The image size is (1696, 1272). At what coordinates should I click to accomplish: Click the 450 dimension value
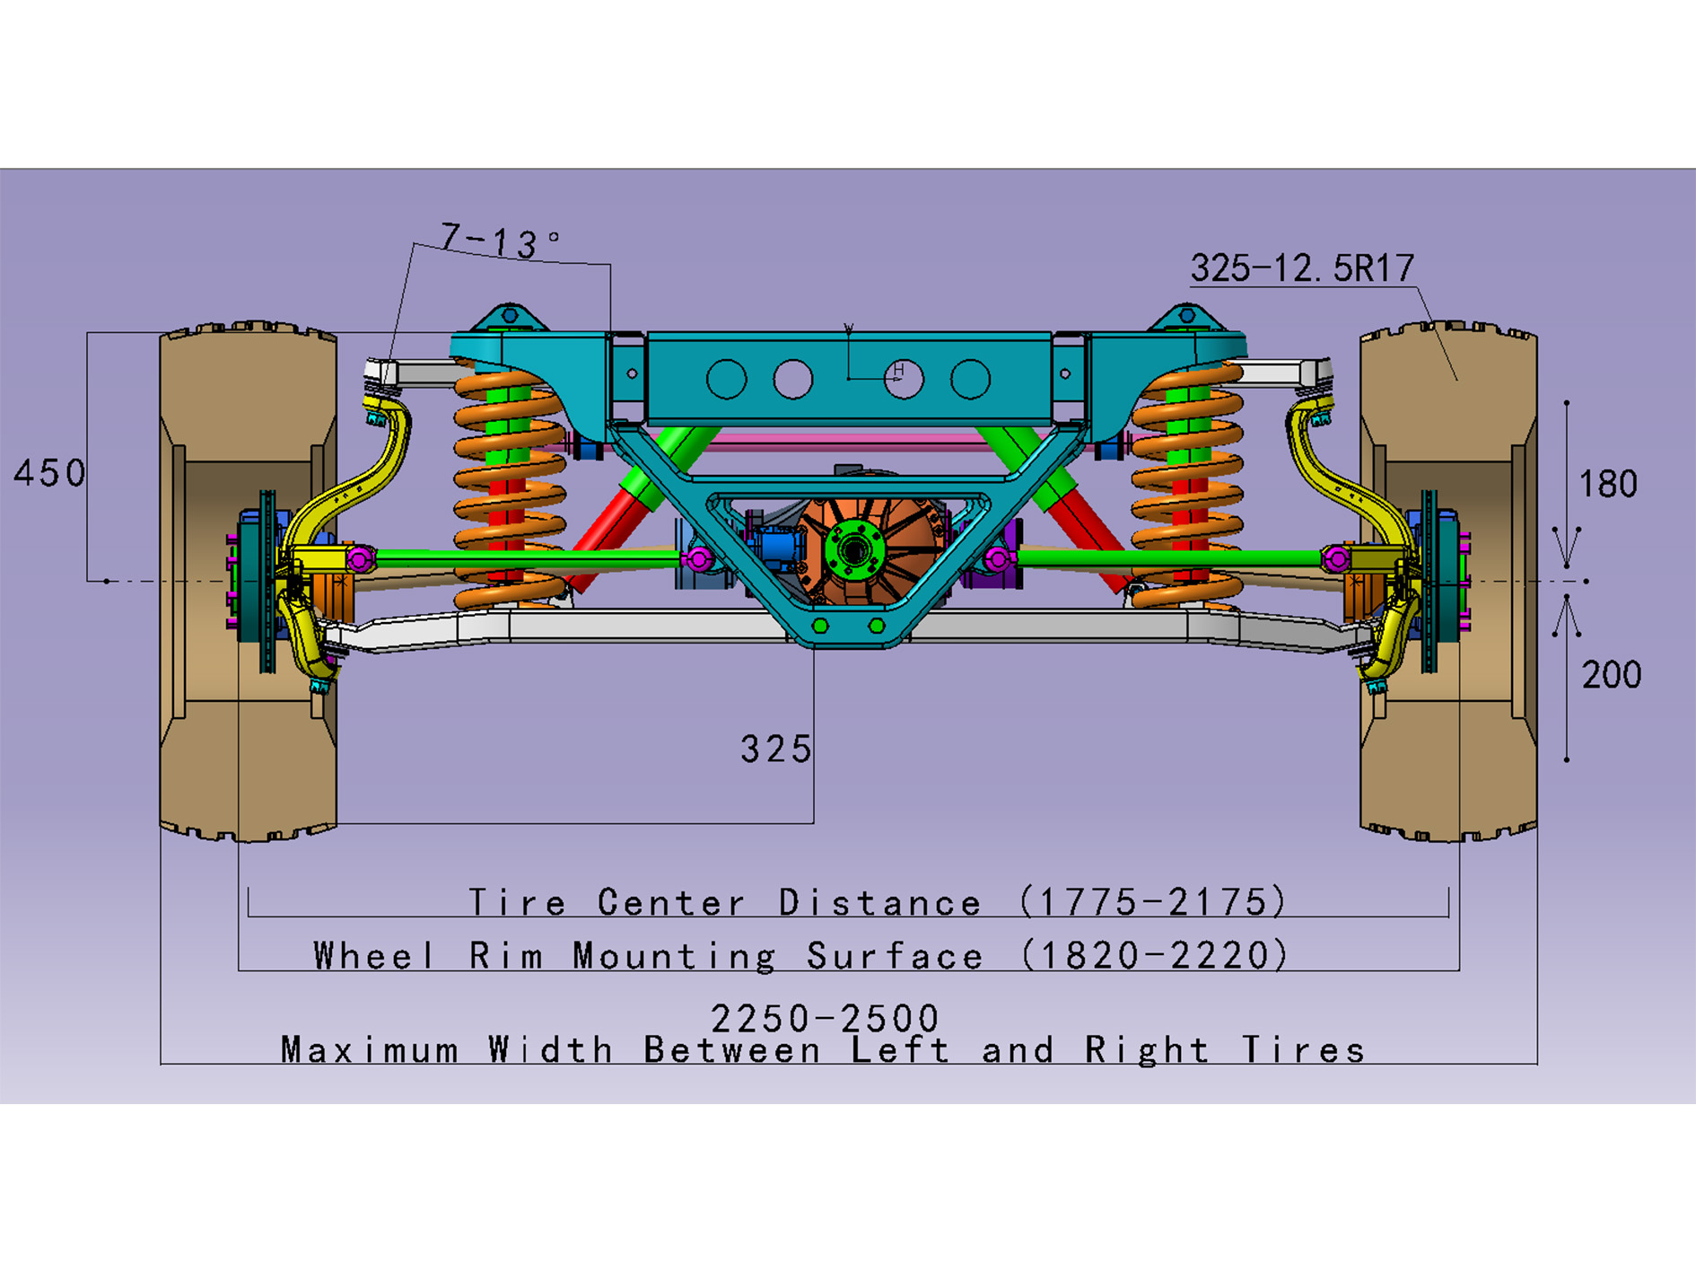pyautogui.click(x=50, y=473)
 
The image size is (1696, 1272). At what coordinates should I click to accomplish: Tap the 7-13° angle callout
pyautogui.click(x=501, y=241)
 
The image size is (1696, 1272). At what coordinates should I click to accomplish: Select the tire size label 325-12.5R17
pyautogui.click(x=1302, y=268)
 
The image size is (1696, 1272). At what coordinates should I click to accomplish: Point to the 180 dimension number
pyautogui.click(x=1608, y=485)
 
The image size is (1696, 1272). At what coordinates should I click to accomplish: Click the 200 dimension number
pyautogui.click(x=1612, y=675)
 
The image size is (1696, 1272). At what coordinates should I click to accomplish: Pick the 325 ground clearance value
pyautogui.click(x=776, y=749)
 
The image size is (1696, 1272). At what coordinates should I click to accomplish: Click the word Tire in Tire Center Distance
pyautogui.click(x=518, y=902)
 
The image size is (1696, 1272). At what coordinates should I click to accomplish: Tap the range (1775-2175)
pyautogui.click(x=1153, y=901)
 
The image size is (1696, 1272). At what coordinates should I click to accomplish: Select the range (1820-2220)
pyautogui.click(x=1155, y=955)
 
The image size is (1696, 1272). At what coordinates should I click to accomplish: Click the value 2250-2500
pyautogui.click(x=825, y=1018)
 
